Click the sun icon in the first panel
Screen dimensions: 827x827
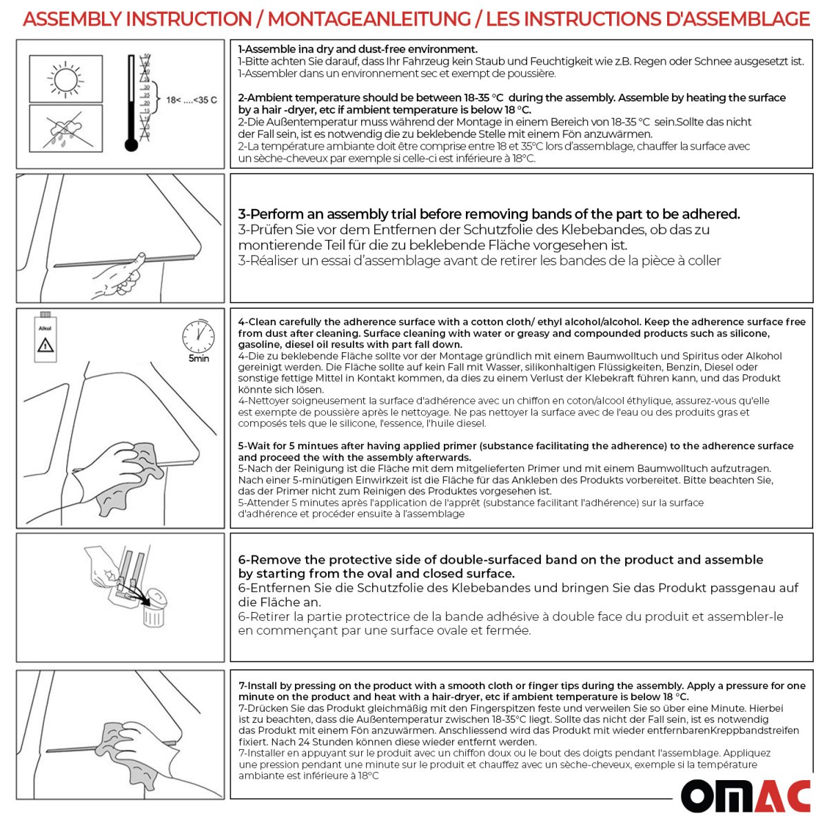[65, 79]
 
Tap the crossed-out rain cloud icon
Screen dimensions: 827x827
[65, 129]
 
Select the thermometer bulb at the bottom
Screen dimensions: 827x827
[131, 145]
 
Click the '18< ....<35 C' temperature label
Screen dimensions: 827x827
[191, 100]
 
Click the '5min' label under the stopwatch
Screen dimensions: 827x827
[198, 359]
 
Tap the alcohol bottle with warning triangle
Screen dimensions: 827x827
[45, 339]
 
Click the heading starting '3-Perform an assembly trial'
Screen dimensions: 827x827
[489, 214]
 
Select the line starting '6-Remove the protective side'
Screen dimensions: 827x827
[500, 560]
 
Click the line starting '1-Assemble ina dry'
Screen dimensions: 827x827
[358, 50]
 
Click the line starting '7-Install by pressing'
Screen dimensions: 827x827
[522, 686]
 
